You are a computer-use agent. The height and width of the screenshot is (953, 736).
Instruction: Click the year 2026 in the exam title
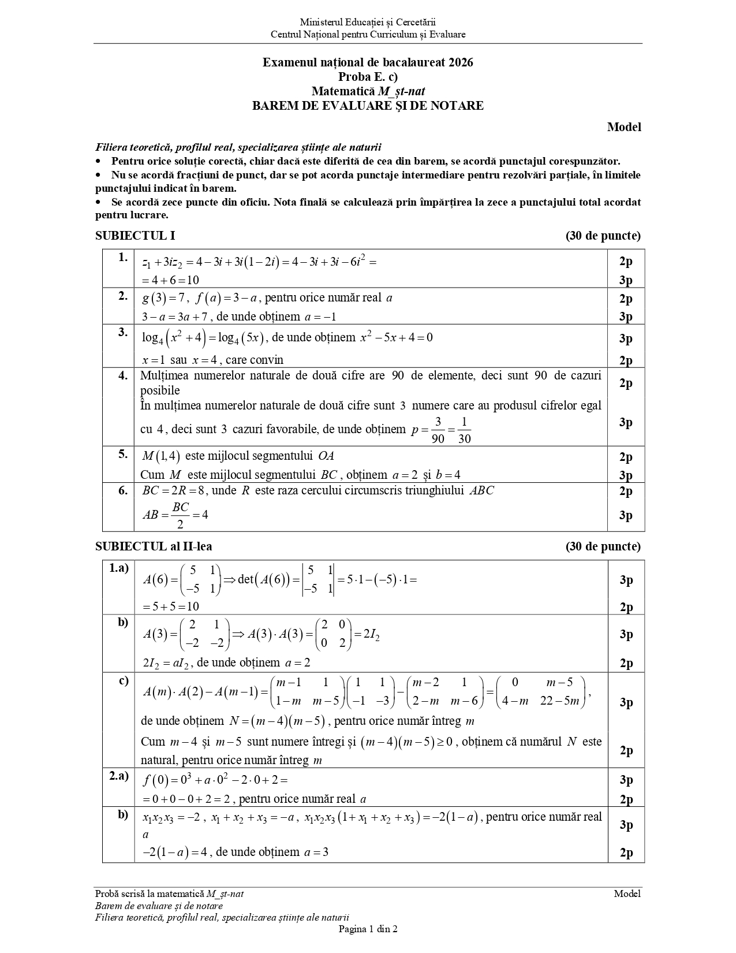coord(460,62)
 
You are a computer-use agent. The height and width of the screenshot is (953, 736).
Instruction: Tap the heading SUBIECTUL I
coord(135,236)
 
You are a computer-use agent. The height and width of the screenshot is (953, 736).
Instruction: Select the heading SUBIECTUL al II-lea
coord(154,546)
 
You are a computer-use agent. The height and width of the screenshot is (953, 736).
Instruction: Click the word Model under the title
coord(624,127)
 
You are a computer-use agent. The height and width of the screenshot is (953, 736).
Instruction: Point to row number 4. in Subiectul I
coord(123,376)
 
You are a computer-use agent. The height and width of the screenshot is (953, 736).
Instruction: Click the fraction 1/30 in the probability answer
coord(464,430)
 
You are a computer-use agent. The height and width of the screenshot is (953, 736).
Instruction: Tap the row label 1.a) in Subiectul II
coord(119,568)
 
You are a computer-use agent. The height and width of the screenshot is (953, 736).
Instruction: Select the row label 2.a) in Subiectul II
coord(119,776)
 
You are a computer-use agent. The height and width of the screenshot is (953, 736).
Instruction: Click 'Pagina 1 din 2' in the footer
coord(368,929)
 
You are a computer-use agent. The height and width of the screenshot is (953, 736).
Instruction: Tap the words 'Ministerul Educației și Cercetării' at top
coord(368,22)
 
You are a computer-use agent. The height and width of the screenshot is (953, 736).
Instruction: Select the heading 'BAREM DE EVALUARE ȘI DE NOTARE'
coord(368,106)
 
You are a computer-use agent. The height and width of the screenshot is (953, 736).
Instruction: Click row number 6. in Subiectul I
coord(123,491)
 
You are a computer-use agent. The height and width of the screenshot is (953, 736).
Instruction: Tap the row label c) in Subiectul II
coord(124,680)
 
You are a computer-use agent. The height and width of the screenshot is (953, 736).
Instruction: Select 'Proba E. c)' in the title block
coord(368,77)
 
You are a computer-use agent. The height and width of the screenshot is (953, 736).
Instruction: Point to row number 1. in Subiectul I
coord(123,258)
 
